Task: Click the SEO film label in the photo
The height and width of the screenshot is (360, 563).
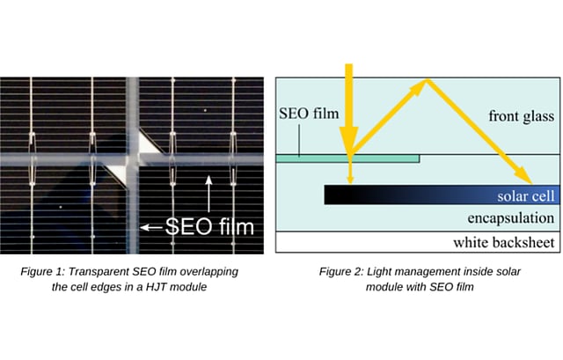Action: point(209,225)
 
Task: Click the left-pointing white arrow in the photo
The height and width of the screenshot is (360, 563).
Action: point(151,227)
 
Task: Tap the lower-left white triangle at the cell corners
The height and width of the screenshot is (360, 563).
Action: point(115,173)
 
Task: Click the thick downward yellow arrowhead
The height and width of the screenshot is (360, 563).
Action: point(349,141)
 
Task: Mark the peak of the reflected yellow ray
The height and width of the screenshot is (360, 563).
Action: point(427,82)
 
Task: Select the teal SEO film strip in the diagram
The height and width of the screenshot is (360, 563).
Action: point(347,159)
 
